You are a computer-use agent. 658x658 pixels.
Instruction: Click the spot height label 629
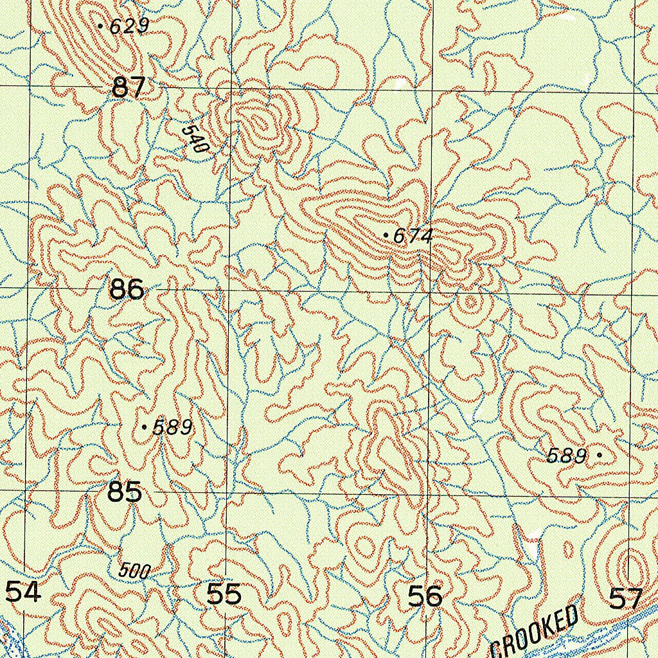(x=129, y=26)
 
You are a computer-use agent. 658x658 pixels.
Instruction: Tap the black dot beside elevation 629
(x=101, y=26)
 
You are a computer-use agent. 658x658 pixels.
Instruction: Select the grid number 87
(x=129, y=87)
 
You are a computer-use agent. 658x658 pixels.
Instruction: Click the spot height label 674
(x=413, y=236)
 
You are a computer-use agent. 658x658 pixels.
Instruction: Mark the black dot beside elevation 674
(x=385, y=236)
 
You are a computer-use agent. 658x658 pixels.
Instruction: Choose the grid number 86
(x=127, y=290)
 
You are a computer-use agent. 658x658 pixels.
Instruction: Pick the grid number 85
(x=125, y=493)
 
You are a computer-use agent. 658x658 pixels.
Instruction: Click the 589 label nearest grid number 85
(x=172, y=427)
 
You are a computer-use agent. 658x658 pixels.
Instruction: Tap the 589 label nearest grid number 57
(x=567, y=456)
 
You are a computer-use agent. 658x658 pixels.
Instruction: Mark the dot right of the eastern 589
(x=600, y=455)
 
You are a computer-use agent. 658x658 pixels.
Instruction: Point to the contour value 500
(x=134, y=571)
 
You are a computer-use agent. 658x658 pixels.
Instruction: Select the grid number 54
(x=23, y=591)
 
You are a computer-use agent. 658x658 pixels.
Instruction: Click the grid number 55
(x=224, y=594)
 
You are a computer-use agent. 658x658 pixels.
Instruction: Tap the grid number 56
(x=425, y=596)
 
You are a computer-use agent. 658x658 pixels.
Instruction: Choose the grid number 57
(x=625, y=599)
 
